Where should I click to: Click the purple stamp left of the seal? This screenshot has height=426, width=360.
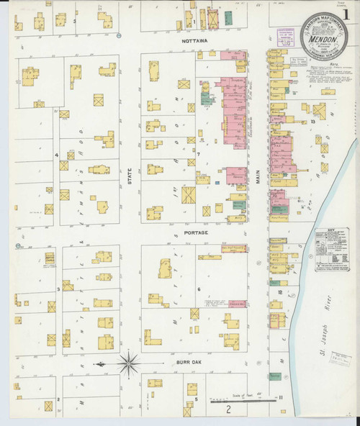point(286,35)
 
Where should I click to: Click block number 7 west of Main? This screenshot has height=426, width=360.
point(198,154)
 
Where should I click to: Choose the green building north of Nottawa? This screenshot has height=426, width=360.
point(229,17)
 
